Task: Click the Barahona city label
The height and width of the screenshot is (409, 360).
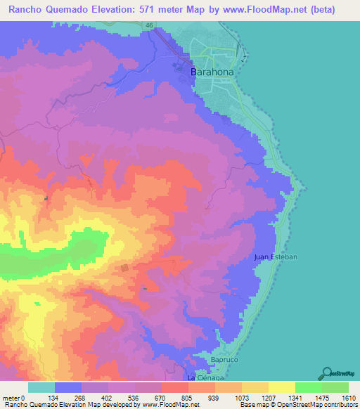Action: click(212, 72)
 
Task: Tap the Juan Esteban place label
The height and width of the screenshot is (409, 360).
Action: click(276, 258)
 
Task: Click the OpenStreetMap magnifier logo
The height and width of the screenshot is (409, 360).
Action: click(327, 373)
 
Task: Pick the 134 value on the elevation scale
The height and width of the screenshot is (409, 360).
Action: click(54, 398)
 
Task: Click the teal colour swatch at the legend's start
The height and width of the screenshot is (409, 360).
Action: click(41, 387)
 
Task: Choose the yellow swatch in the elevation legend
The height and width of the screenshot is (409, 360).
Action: click(282, 387)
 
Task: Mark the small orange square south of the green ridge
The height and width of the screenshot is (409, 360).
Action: click(124, 267)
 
